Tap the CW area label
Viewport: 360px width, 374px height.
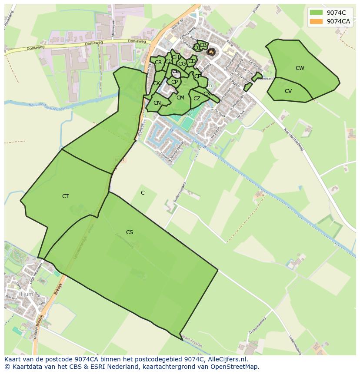tap(300, 68)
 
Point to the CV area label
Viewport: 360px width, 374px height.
tap(288, 91)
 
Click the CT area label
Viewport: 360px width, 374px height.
tap(65, 196)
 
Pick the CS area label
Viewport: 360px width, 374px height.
tap(129, 232)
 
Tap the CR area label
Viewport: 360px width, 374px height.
tap(158, 63)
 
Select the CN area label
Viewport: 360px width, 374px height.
tap(157, 103)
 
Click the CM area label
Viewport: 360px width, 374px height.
tap(180, 98)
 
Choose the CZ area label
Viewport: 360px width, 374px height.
tap(197, 99)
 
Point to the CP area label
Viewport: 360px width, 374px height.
tap(174, 82)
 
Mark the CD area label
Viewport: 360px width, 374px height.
tap(191, 61)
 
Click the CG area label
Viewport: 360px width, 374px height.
tap(182, 64)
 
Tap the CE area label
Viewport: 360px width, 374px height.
tap(197, 76)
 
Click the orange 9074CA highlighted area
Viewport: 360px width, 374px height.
tap(211, 52)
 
